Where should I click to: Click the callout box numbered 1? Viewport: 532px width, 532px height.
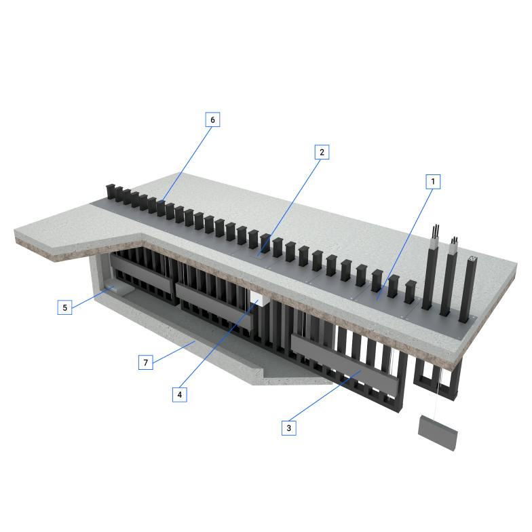[x=433, y=182]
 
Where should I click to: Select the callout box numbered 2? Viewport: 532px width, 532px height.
[x=322, y=152]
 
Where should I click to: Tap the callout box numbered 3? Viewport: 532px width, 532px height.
[x=289, y=427]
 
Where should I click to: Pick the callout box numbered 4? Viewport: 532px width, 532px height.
[x=179, y=395]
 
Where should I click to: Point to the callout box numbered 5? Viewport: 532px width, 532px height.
[x=65, y=307]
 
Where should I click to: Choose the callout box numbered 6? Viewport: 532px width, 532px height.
[x=213, y=119]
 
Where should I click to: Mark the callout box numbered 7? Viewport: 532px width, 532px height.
[x=145, y=362]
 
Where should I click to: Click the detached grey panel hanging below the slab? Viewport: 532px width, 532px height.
[x=438, y=433]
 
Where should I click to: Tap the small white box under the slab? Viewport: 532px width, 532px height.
[x=259, y=299]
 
